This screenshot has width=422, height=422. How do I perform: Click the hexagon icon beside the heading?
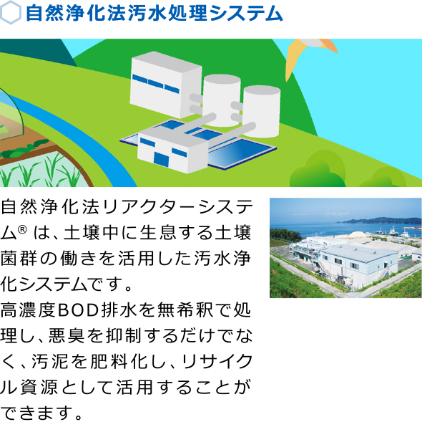click(10, 13)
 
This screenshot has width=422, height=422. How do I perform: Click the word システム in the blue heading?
click(246, 14)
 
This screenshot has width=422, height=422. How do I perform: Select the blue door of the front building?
click(161, 159)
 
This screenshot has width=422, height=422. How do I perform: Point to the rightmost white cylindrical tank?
click(261, 111)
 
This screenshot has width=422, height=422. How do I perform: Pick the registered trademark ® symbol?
click(22, 229)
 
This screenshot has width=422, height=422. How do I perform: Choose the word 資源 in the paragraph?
click(39, 387)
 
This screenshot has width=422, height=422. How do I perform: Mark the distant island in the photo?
click(382, 221)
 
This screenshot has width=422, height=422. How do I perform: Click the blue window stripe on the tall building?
click(155, 84)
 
